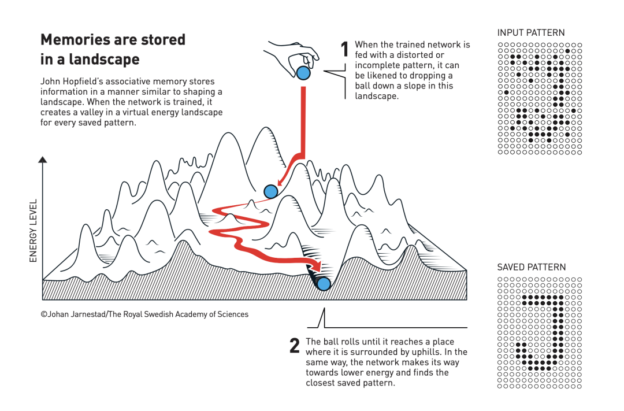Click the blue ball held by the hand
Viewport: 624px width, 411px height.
(303, 73)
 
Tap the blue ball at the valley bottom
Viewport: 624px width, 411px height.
(324, 283)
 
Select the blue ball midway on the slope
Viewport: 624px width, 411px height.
(270, 191)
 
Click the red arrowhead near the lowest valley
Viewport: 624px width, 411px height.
(315, 267)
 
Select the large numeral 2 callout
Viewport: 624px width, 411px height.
(295, 346)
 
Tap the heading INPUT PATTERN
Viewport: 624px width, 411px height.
(530, 33)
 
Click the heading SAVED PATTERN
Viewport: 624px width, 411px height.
(531, 267)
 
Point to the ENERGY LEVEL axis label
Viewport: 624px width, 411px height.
(34, 231)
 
